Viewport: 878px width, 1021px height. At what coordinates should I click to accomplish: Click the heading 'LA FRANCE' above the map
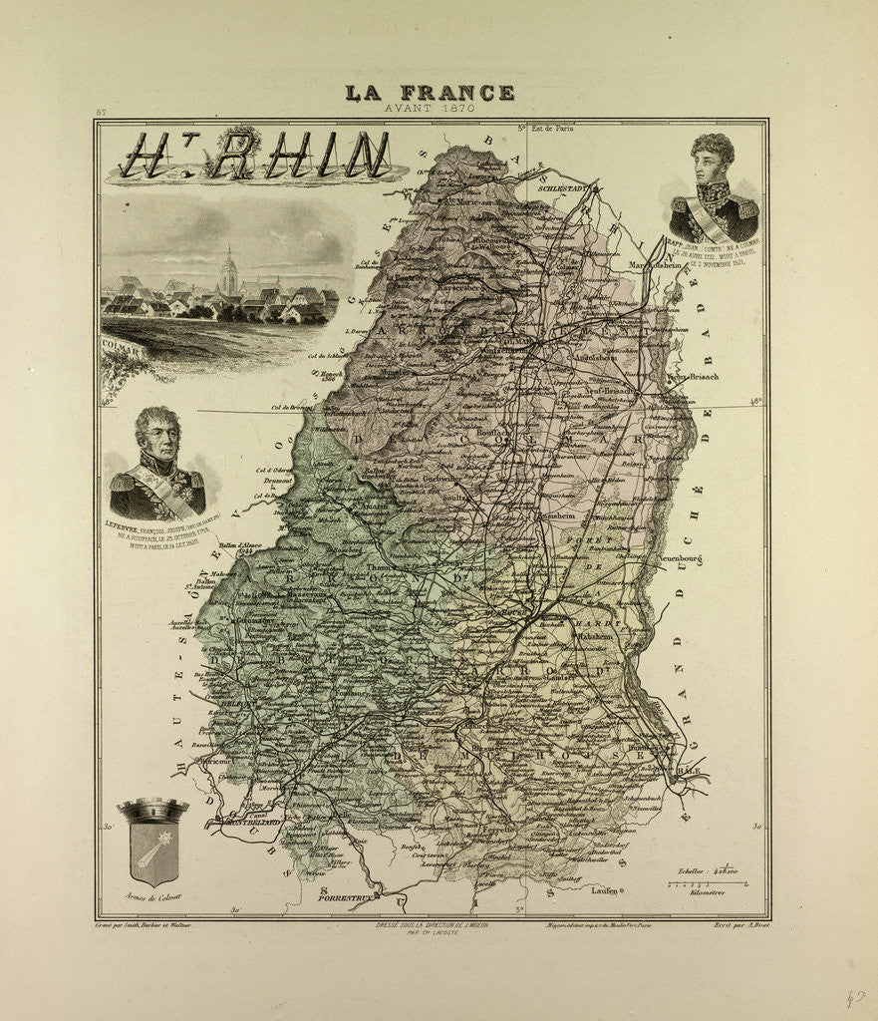[x=430, y=93]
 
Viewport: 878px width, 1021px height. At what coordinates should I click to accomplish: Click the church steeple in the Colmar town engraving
[x=229, y=269]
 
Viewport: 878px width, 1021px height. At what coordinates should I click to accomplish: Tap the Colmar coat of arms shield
[x=152, y=848]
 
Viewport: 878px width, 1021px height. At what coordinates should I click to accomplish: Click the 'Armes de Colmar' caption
[x=152, y=897]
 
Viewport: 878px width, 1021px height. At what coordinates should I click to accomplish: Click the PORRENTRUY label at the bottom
[x=345, y=897]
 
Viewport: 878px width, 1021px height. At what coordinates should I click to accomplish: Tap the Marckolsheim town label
[x=659, y=265]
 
